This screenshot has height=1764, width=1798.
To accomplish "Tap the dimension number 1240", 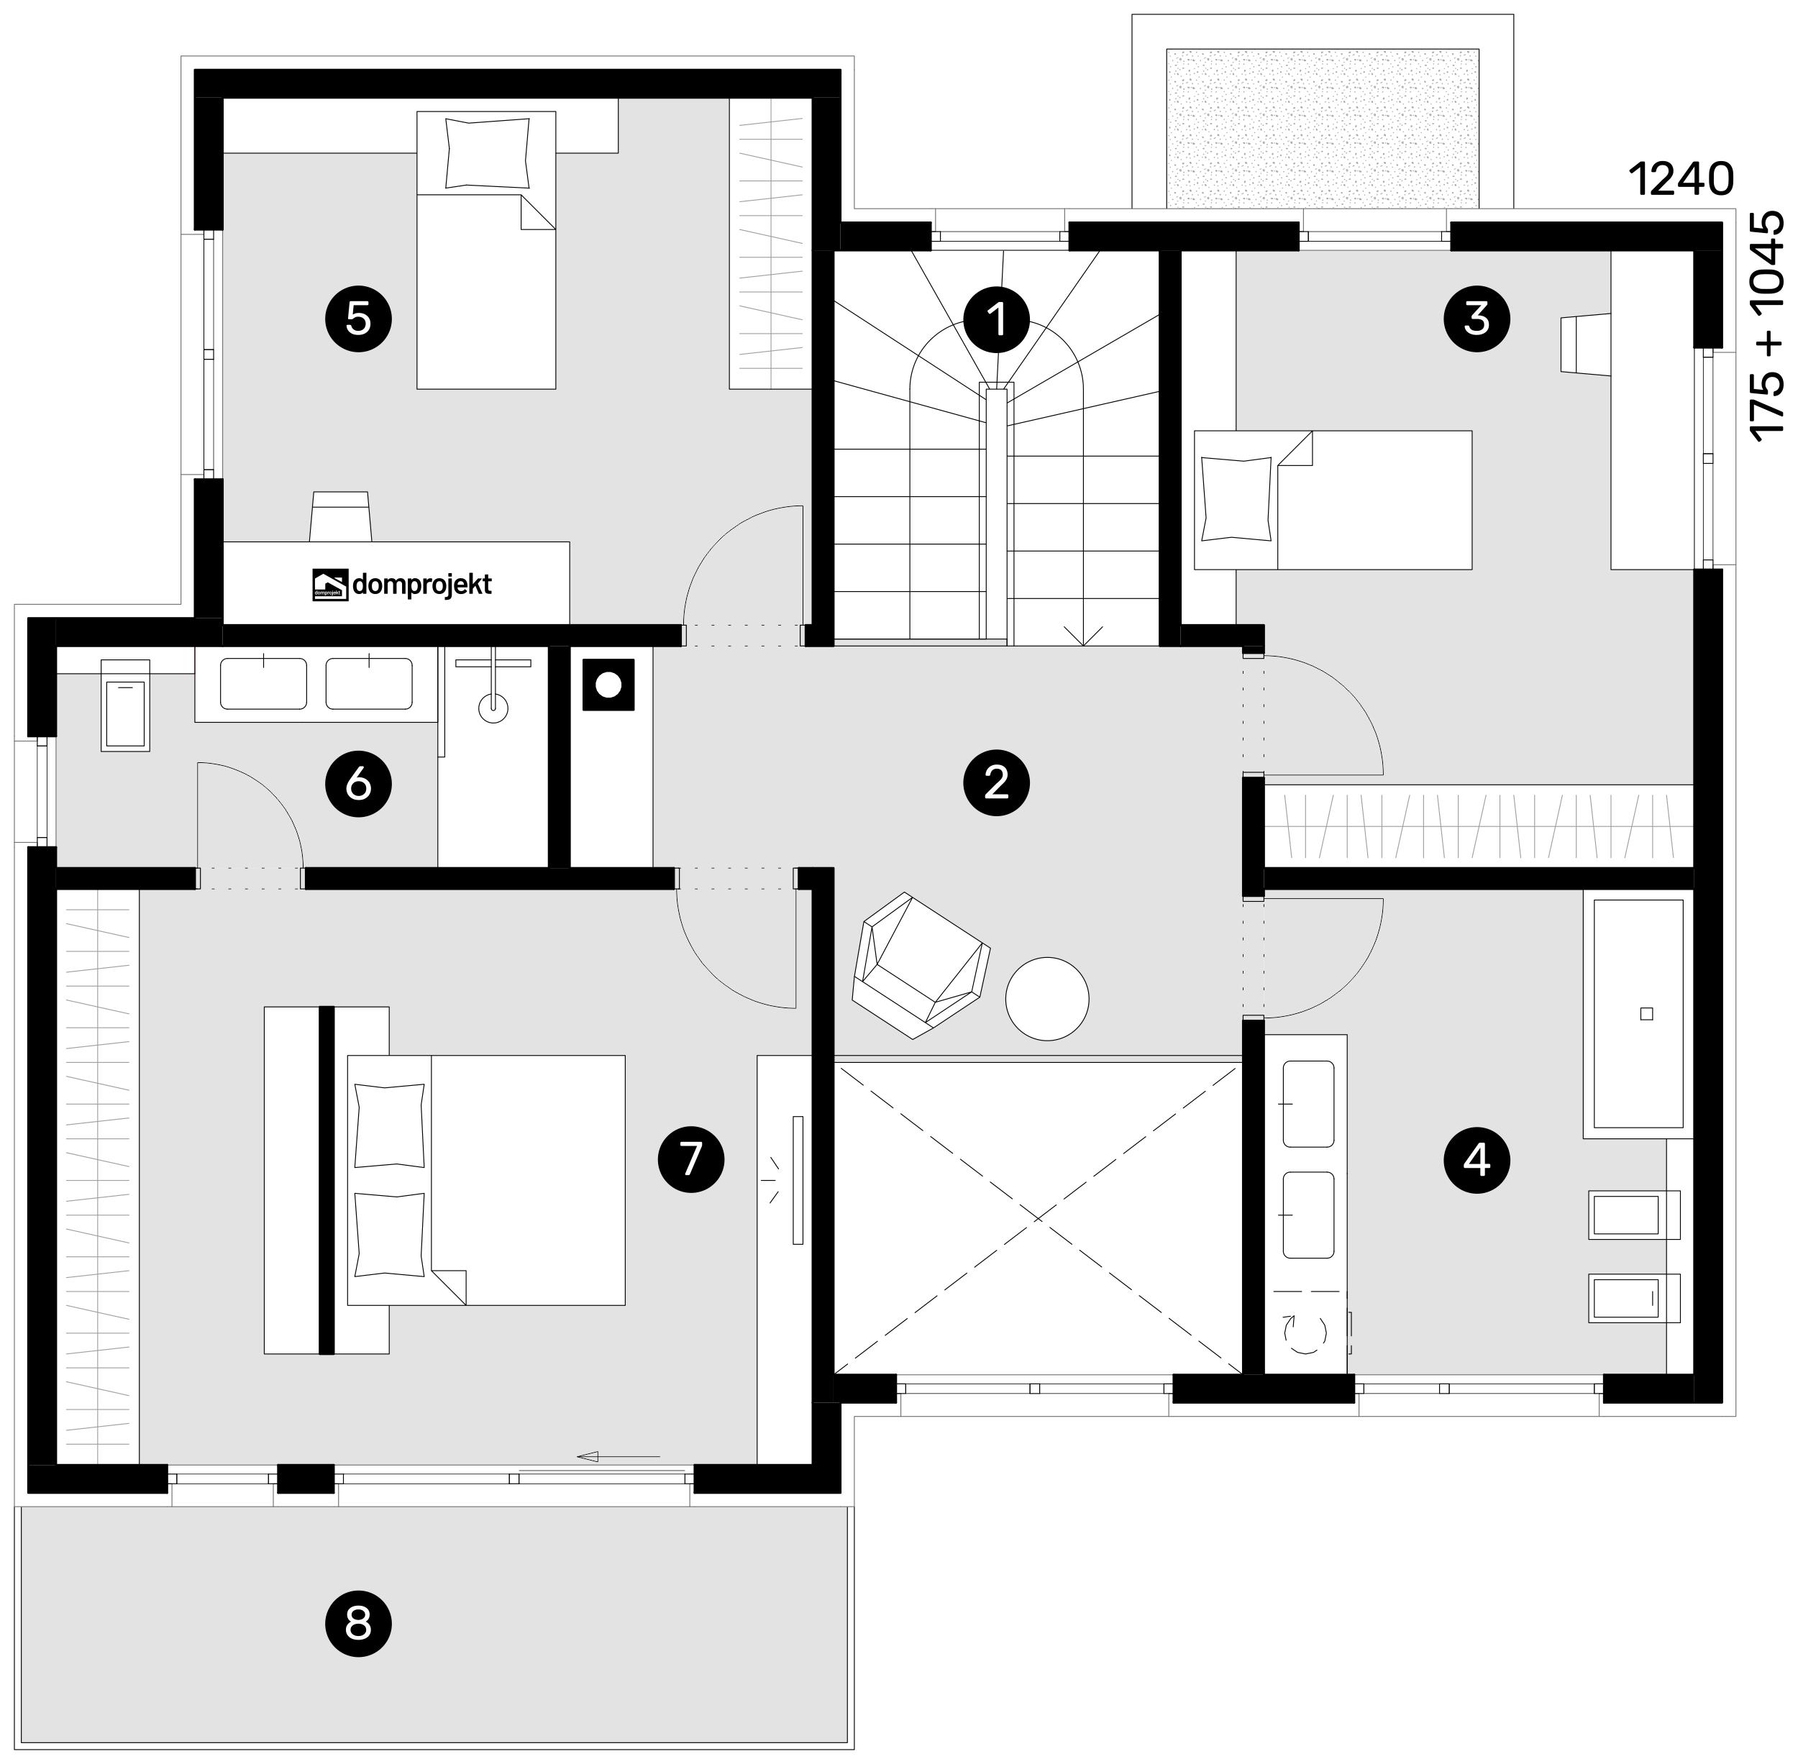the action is point(1680,180).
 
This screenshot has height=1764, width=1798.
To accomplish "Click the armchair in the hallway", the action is point(921,964).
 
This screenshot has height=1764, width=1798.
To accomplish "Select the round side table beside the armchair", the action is point(1047,999).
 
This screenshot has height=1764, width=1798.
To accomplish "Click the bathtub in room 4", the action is point(1638,1013).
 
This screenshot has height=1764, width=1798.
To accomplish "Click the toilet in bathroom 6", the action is point(125,704).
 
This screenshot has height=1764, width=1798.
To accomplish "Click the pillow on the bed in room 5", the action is point(488,153).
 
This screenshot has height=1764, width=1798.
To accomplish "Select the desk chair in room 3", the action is point(1585,344).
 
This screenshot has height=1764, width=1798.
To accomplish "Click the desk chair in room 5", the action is point(340,516).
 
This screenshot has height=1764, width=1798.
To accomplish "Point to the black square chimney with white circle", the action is point(608,685).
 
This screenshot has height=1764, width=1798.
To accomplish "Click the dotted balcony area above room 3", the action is point(1323,128).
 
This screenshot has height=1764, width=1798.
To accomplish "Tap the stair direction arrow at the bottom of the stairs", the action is point(1083,635).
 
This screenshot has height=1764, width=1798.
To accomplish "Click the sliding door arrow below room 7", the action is point(620,1456).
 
